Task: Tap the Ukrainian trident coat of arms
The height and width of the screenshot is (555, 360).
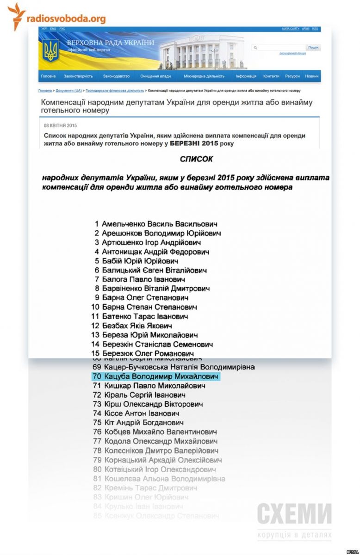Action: click(50, 50)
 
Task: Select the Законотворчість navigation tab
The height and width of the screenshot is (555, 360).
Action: click(78, 76)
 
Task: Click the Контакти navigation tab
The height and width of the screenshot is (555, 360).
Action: click(271, 76)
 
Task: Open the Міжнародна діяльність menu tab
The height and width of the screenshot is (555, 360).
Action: click(204, 76)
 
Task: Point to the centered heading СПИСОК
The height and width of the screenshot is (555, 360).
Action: click(196, 159)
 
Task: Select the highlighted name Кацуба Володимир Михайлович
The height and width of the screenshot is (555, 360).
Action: click(161, 376)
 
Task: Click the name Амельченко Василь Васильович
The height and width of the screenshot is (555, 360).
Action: click(160, 224)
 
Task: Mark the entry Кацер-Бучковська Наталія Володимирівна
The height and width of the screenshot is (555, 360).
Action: click(179, 367)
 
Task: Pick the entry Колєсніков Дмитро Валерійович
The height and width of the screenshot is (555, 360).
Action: click(161, 450)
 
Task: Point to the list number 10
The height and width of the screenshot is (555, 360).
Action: click(95, 307)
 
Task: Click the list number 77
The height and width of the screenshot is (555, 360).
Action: click(97, 441)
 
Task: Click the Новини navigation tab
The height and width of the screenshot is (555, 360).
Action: click(311, 76)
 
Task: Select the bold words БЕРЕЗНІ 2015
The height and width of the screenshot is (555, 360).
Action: click(193, 143)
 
